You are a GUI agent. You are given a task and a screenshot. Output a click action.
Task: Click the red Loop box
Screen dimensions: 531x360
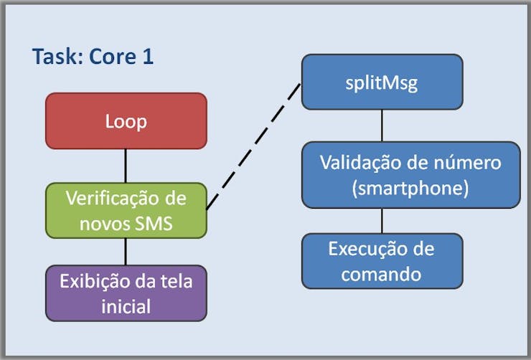pyautogui.click(x=126, y=120)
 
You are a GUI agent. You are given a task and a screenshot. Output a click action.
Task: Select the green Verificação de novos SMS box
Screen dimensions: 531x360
pyautogui.click(x=126, y=210)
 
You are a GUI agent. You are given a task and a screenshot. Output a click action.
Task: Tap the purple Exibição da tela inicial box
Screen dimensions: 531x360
pyautogui.click(x=126, y=293)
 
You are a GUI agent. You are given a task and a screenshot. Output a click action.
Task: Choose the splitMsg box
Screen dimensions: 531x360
pyautogui.click(x=382, y=82)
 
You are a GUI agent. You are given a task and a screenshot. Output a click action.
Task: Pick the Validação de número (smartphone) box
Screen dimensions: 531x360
pyautogui.click(x=410, y=175)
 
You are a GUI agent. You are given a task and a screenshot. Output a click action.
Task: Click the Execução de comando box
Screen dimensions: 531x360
pyautogui.click(x=382, y=261)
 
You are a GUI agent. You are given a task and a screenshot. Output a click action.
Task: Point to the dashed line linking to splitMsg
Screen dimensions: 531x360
pyautogui.click(x=253, y=146)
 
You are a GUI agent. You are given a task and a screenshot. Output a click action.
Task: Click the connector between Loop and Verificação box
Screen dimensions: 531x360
pyautogui.click(x=126, y=166)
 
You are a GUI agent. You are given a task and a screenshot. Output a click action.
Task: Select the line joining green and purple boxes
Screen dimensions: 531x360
pyautogui.click(x=126, y=252)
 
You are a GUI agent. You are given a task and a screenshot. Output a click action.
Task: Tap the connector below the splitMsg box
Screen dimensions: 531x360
pyautogui.click(x=382, y=125)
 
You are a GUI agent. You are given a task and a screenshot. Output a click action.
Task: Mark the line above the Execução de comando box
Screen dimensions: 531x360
pyautogui.click(x=382, y=221)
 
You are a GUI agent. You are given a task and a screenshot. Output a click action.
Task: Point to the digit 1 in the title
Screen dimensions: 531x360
pyautogui.click(x=149, y=57)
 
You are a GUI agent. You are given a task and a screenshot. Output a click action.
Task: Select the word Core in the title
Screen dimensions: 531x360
pyautogui.click(x=113, y=57)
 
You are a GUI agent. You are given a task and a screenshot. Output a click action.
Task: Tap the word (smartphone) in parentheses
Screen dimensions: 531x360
pyautogui.click(x=410, y=188)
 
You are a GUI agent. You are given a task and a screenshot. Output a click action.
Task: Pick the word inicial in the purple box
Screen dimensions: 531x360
pyautogui.click(x=126, y=306)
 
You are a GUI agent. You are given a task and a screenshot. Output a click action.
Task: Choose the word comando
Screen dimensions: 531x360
pyautogui.click(x=381, y=274)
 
